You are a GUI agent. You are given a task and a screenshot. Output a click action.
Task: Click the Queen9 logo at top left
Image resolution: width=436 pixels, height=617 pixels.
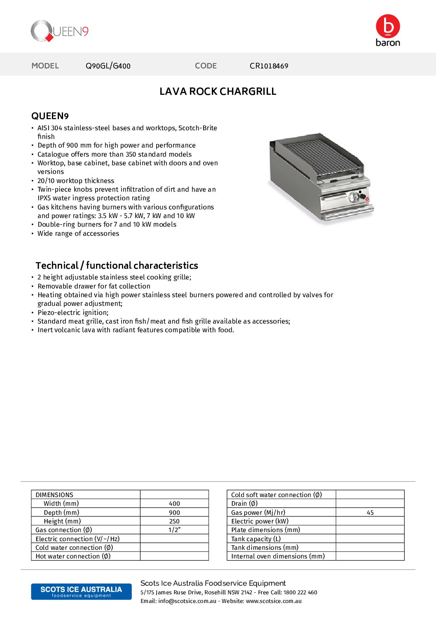coord(59,31)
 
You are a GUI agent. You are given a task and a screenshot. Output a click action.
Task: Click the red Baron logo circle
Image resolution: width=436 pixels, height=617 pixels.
coord(388,26)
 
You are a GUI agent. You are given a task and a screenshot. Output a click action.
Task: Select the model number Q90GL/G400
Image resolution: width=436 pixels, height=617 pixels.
coord(108,66)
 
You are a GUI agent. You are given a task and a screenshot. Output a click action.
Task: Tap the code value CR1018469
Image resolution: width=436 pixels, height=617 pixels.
coord(269,66)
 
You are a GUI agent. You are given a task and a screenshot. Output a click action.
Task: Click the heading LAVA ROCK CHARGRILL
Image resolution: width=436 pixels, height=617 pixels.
coord(218,91)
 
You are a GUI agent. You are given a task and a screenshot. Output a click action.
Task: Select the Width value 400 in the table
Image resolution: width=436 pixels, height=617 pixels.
coord(174,504)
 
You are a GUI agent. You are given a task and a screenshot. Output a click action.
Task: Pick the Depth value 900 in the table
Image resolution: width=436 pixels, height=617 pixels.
coord(174,513)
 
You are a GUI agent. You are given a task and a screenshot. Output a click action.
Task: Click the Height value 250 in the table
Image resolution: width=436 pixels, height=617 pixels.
coord(174,521)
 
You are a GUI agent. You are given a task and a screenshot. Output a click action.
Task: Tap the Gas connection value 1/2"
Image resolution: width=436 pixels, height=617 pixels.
coord(174,530)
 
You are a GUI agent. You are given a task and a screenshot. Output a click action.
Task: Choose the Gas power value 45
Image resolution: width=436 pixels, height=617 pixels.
coord(370,513)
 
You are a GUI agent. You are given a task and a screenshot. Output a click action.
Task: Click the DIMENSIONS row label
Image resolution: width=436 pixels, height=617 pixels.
coord(54,495)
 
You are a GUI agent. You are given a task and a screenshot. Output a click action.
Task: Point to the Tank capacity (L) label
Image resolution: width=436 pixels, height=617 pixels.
coord(256,539)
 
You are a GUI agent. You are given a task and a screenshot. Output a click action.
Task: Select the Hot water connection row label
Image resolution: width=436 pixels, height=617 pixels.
coord(73,556)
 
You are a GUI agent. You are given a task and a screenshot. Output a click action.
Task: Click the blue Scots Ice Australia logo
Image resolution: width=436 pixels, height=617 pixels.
coord(81,591)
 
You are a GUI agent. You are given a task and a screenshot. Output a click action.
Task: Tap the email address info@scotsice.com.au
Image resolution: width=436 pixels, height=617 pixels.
coord(187,601)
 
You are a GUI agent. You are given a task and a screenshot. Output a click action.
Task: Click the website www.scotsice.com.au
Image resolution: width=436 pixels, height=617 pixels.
coord(274,601)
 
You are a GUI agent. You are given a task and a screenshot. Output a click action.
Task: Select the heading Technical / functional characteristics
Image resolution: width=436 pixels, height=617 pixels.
coord(117,265)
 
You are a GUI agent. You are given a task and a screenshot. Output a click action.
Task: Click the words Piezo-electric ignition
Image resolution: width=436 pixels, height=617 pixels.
coord(73,312)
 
